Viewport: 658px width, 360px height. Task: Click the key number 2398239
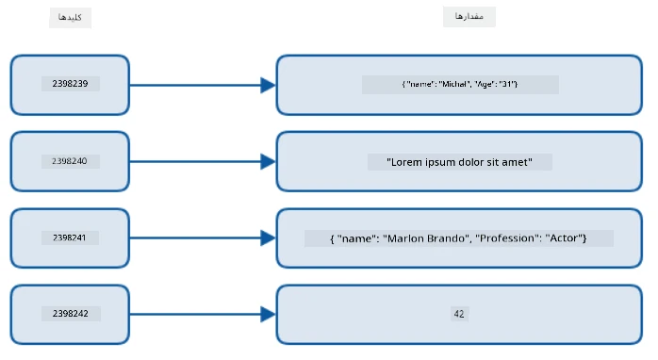[x=70, y=84]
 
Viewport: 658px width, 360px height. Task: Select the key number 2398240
[x=69, y=161]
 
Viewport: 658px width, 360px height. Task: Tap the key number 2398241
[x=69, y=237]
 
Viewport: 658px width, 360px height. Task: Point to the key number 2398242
[x=71, y=314]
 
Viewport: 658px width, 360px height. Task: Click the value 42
[x=459, y=314]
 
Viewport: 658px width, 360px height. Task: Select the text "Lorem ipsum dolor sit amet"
[x=459, y=162]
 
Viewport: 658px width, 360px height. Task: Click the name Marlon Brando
[x=426, y=238]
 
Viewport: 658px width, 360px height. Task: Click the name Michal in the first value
[x=453, y=84]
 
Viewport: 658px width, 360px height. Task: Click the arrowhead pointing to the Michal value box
[x=268, y=85]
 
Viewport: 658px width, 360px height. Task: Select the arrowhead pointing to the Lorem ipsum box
[x=268, y=161]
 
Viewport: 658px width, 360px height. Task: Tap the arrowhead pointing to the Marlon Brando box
[x=268, y=237]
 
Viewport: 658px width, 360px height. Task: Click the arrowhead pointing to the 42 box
[x=268, y=314]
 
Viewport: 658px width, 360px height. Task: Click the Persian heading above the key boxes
[x=70, y=17]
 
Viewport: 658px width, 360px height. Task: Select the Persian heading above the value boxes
[x=469, y=16]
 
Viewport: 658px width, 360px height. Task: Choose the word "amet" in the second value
[x=517, y=162]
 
